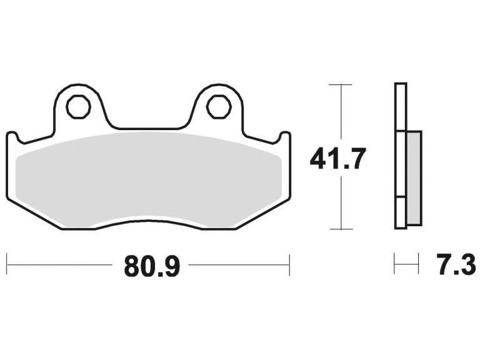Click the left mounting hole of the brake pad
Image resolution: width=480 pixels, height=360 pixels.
(79, 107)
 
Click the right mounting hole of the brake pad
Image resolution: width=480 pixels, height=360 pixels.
(219, 107)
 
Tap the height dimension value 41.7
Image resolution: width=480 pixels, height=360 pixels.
(337, 159)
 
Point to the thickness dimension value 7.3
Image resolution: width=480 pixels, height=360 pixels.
(456, 266)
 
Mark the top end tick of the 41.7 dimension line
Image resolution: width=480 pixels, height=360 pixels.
(340, 84)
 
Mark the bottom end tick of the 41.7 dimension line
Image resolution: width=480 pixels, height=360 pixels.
(340, 229)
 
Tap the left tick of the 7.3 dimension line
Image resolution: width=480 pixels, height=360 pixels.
(394, 264)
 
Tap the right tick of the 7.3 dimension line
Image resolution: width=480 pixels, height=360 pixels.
(418, 264)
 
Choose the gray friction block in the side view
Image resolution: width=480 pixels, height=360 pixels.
(414, 178)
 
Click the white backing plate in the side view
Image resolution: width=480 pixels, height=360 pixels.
(401, 112)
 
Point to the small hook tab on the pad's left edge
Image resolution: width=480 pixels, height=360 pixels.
(11, 137)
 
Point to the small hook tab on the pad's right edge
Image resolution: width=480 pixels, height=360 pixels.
(285, 136)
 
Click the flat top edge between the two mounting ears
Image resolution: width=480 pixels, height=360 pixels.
(149, 129)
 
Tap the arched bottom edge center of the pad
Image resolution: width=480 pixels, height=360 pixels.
(149, 221)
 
